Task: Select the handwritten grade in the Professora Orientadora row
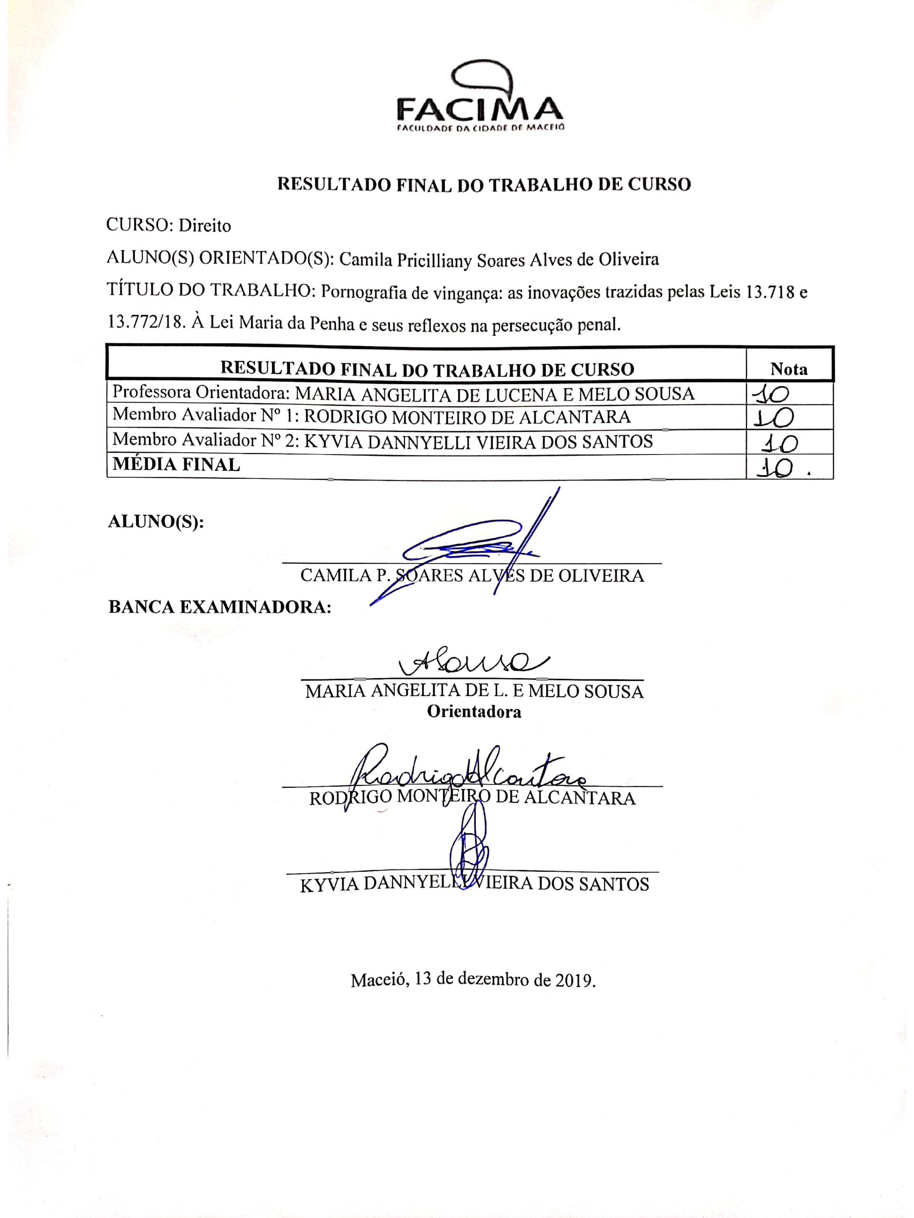point(771,394)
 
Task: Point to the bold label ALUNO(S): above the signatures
point(156,522)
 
